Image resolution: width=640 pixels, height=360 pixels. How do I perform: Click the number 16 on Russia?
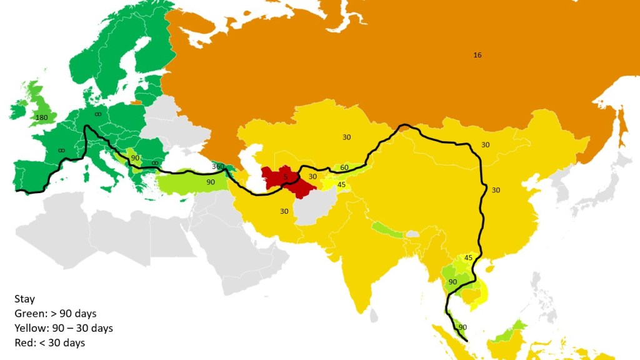(477, 55)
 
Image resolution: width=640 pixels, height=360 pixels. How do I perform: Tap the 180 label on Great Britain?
(42, 117)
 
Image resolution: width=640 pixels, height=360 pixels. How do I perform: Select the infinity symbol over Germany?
(97, 114)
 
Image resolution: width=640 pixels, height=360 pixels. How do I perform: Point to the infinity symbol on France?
(61, 150)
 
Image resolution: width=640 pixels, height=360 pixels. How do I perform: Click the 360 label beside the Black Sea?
(218, 167)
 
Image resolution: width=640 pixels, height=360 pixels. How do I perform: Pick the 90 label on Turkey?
(211, 182)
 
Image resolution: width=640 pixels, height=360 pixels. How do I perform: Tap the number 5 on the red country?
(285, 177)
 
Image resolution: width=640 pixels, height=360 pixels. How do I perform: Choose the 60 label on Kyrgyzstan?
(344, 167)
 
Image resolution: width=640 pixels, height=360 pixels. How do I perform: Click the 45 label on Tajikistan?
(341, 184)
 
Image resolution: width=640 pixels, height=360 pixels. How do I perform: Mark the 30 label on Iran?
(284, 211)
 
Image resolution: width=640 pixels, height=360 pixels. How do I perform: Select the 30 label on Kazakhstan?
(346, 136)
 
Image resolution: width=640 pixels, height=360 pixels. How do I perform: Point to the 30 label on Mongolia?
(485, 145)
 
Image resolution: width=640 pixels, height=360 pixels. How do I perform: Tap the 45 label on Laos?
(468, 257)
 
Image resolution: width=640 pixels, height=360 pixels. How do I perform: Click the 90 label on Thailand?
(452, 282)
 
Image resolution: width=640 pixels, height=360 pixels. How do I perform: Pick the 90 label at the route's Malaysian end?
(462, 327)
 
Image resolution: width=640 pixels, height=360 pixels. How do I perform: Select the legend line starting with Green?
(55, 313)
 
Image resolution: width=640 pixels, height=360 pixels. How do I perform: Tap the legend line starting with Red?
(49, 342)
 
